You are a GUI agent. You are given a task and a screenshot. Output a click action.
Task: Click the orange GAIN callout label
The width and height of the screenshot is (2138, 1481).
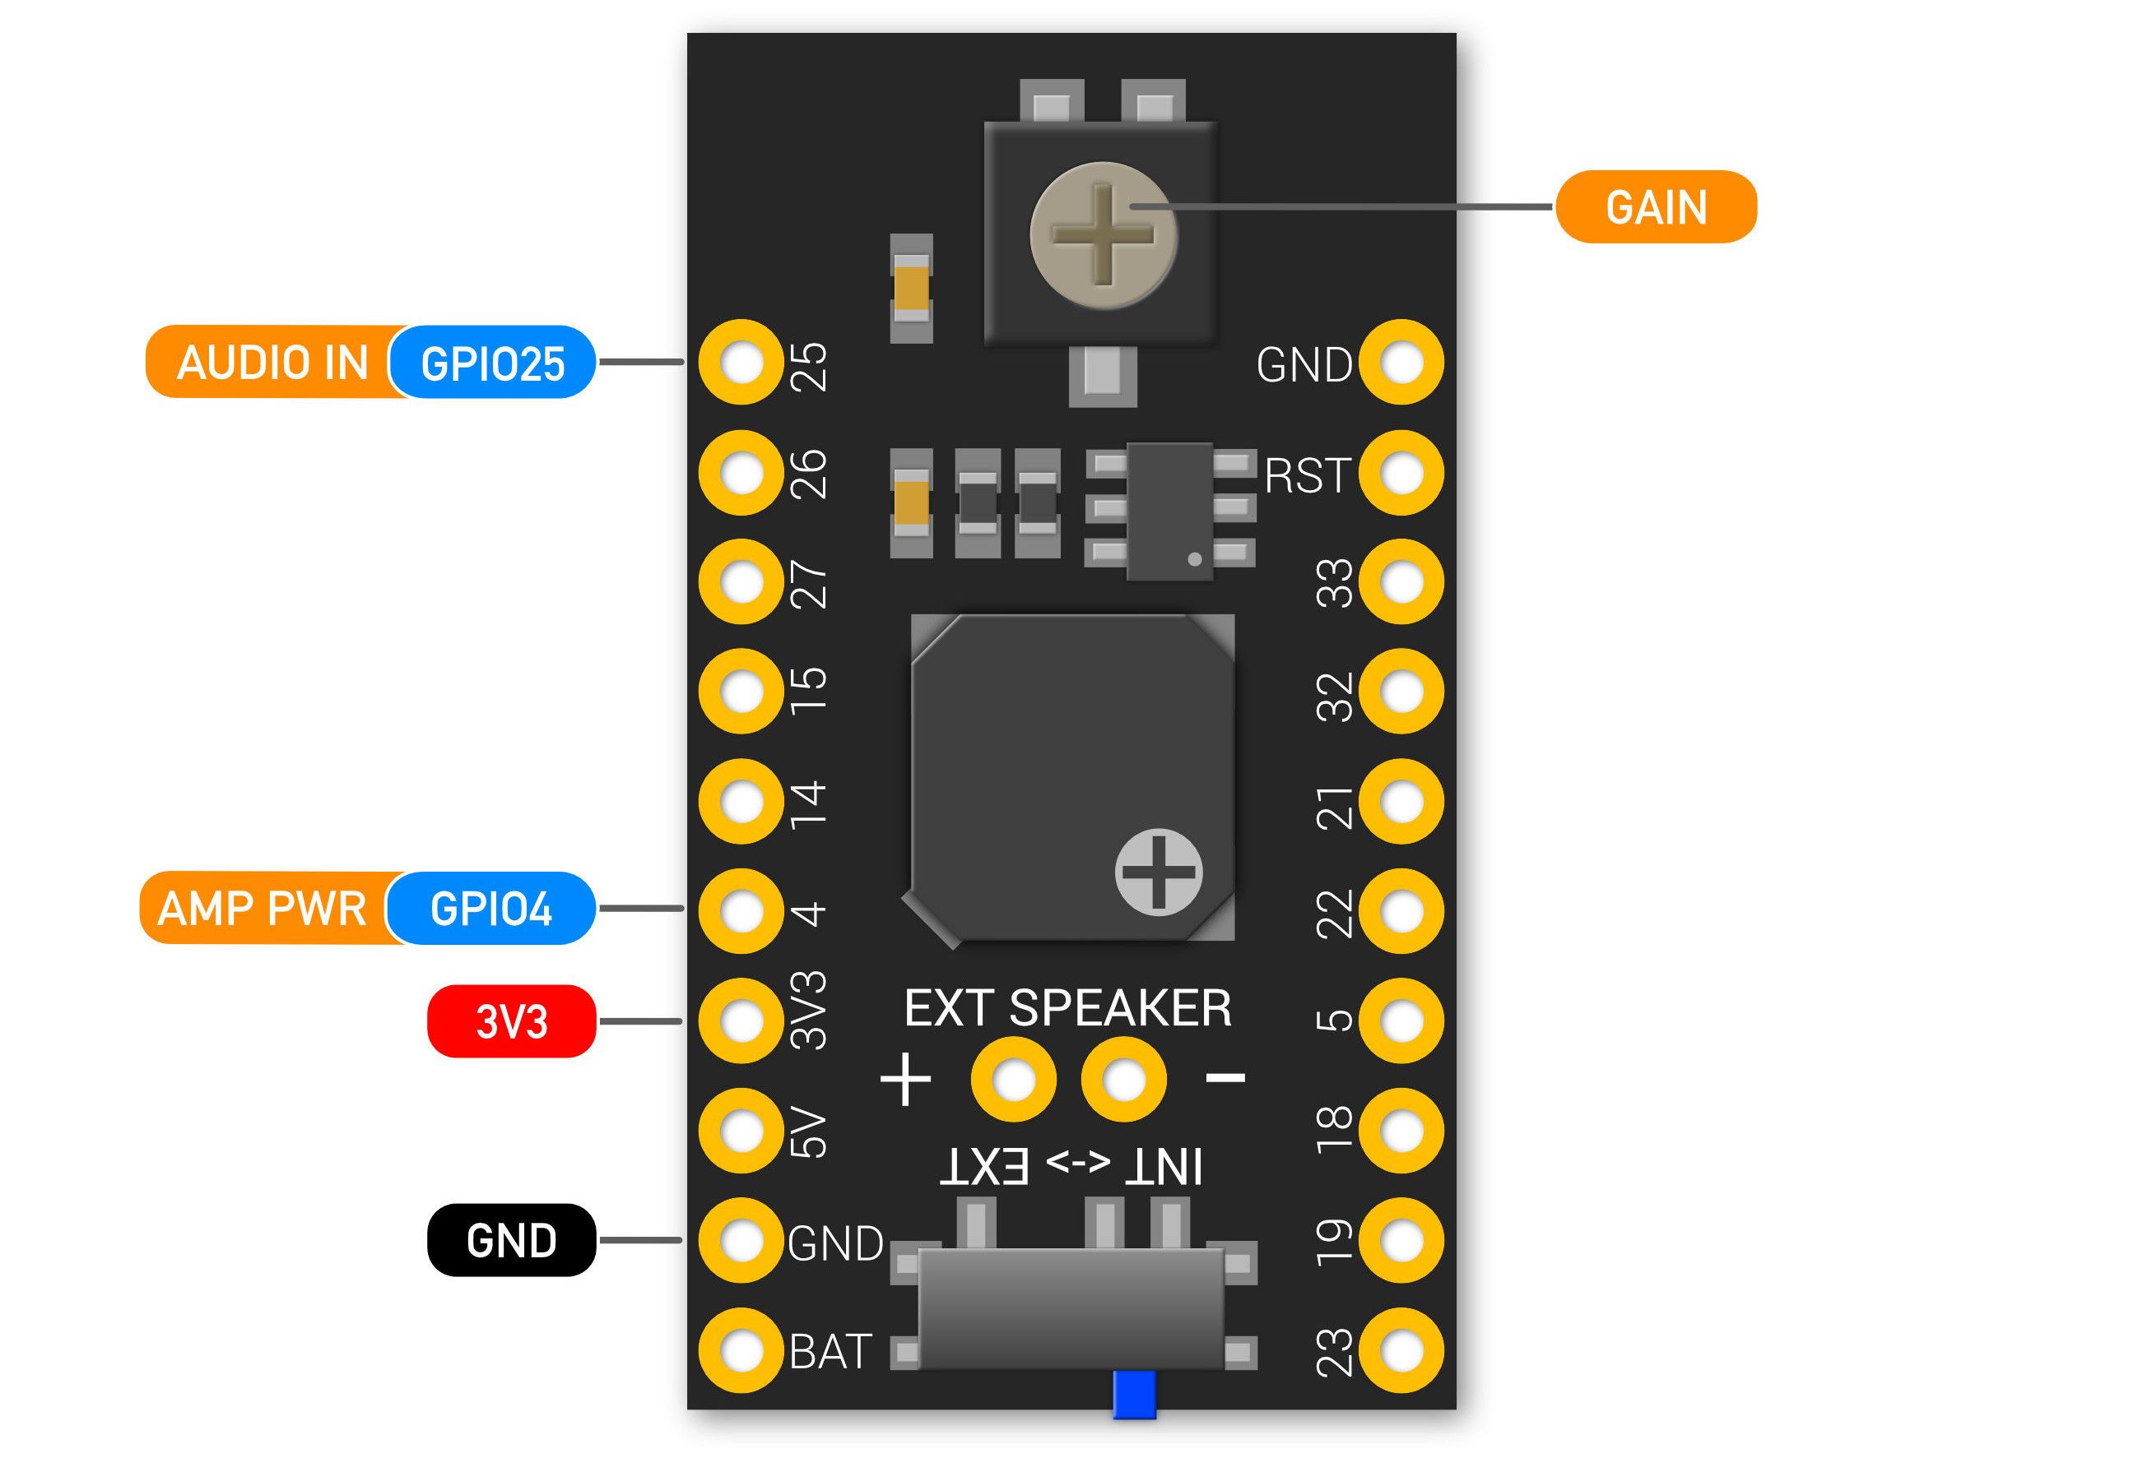tap(1655, 207)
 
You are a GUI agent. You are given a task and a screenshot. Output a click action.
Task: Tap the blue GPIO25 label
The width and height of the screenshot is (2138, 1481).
tap(492, 363)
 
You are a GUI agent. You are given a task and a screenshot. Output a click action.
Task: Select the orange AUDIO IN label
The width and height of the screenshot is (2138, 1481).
tap(272, 363)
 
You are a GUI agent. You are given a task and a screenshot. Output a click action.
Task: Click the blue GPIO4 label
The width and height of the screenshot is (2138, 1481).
tap(490, 909)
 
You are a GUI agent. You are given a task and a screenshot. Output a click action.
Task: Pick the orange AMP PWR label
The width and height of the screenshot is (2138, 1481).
tap(263, 909)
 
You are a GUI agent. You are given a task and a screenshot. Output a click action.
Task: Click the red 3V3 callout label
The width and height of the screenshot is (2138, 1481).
tap(512, 1021)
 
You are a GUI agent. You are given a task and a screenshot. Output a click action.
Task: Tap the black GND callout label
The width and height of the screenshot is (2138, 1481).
tap(512, 1240)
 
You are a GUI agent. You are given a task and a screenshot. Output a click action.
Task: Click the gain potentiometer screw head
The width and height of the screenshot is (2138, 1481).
tap(1103, 234)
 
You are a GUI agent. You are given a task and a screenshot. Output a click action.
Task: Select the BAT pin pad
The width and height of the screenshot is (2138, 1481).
tap(741, 1350)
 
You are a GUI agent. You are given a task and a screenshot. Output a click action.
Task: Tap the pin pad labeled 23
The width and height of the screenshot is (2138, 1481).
tap(1401, 1350)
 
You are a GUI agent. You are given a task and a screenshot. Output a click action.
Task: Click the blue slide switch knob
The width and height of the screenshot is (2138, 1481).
tap(1133, 1394)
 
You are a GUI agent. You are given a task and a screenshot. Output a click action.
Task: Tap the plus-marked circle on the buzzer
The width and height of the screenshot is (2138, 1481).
tap(1158, 872)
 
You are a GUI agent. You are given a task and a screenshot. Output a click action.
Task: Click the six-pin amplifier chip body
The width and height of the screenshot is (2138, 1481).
tap(1169, 511)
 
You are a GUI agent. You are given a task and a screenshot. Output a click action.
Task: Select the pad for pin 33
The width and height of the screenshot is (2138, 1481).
tap(1401, 582)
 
